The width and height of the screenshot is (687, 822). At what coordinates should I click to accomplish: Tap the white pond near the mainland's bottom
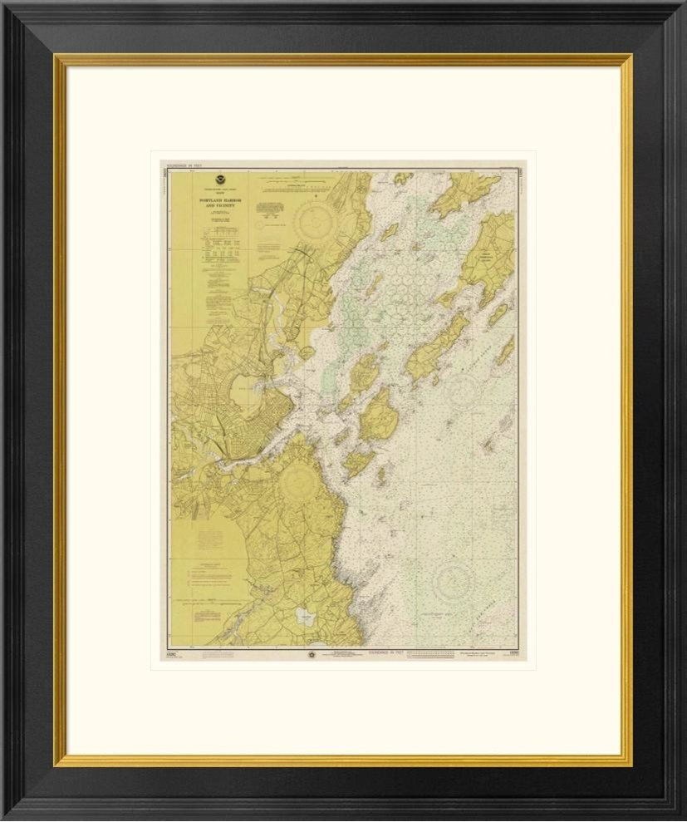[x=305, y=617]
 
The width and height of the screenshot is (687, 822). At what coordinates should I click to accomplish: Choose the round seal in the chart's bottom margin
[x=312, y=653]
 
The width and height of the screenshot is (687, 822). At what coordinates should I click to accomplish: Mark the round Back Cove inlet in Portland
[x=244, y=384]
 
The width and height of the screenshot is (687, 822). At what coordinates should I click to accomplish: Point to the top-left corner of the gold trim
[x=57, y=57]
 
